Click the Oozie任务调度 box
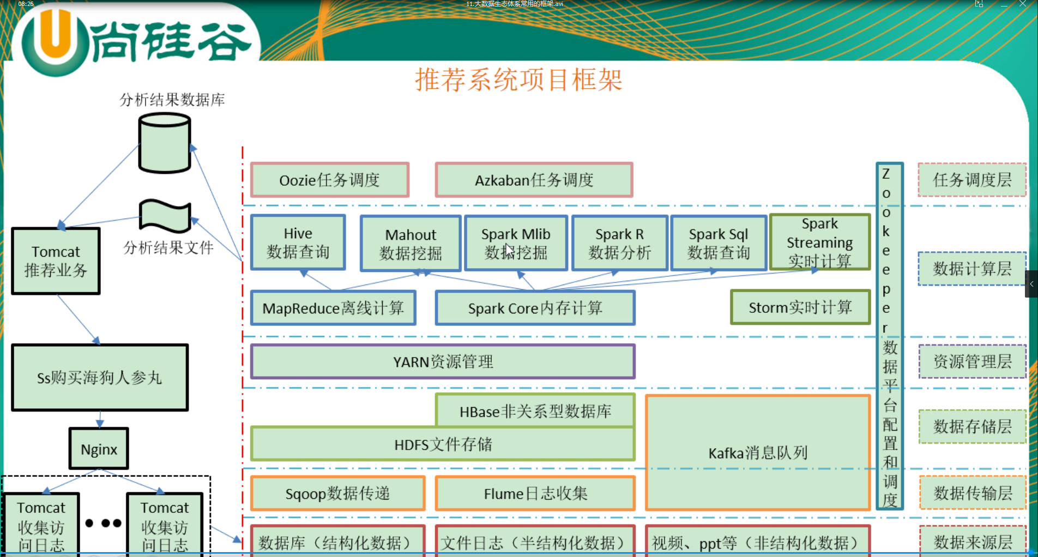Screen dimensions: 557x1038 click(329, 180)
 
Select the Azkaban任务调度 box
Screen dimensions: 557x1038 click(534, 180)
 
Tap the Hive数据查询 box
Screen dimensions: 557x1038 click(298, 243)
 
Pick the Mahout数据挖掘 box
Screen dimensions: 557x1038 click(411, 244)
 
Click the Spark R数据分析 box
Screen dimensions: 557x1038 click(619, 243)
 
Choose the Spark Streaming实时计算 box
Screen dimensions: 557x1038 click(819, 243)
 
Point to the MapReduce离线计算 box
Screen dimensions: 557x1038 click(333, 308)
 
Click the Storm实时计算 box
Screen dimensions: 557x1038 click(800, 307)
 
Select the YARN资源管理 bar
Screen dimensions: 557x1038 click(443, 361)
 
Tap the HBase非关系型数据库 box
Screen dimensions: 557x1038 click(535, 411)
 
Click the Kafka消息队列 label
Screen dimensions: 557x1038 click(758, 453)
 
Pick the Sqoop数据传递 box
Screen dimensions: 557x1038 click(337, 493)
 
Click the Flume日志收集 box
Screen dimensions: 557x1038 click(535, 493)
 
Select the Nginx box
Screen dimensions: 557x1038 click(99, 449)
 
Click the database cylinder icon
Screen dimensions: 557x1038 click(165, 143)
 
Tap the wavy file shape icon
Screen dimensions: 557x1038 click(165, 216)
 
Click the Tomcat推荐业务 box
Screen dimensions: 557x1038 click(56, 261)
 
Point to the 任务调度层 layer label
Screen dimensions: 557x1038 click(972, 180)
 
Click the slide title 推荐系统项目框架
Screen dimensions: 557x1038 click(518, 80)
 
